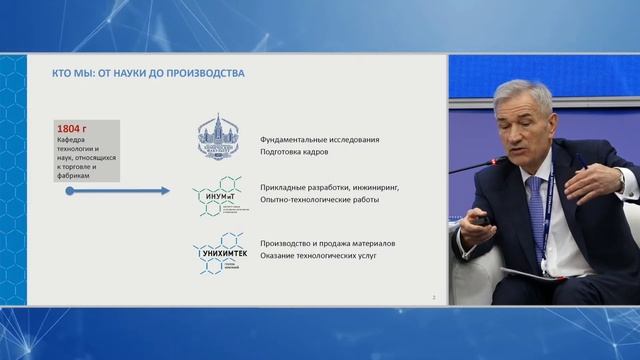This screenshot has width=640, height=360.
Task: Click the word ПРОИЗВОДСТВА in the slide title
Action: (204, 73)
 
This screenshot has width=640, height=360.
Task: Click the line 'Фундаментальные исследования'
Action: (321, 139)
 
